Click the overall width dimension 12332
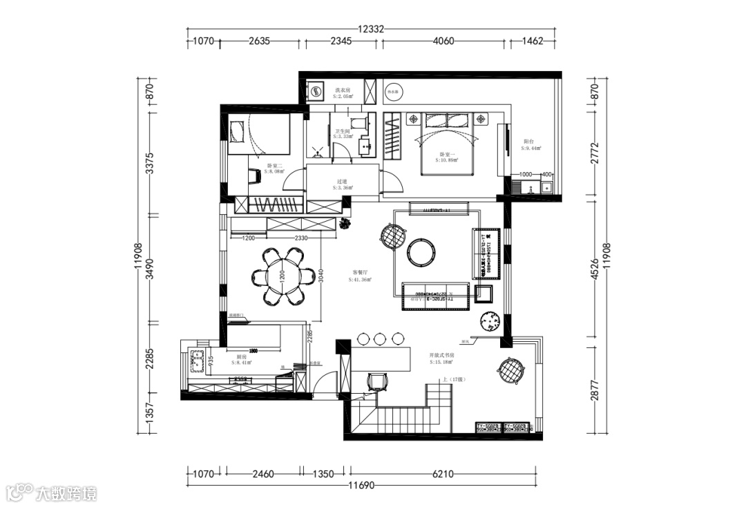click(x=371, y=29)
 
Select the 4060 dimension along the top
click(x=443, y=41)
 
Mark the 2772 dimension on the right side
click(x=595, y=150)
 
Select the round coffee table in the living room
click(x=421, y=251)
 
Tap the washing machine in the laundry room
click(x=317, y=90)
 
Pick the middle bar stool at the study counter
click(x=380, y=338)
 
